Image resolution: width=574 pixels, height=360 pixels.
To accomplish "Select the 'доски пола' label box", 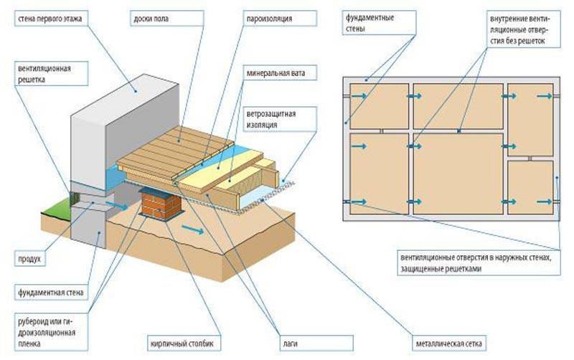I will (154, 16).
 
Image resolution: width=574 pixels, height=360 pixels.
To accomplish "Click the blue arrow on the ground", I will (191, 229).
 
